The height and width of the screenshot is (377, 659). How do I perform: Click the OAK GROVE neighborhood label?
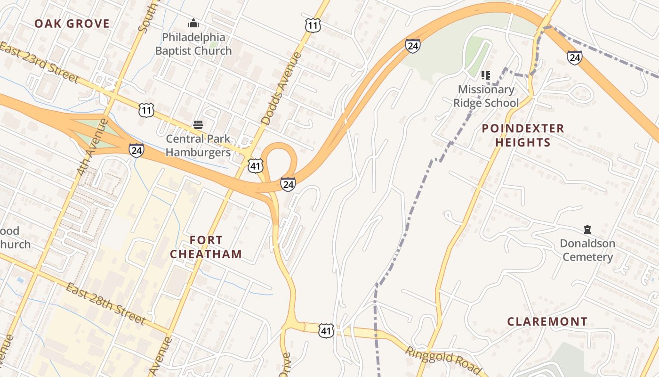click(x=72, y=24)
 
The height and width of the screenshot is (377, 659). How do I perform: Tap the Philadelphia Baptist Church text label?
click(x=193, y=44)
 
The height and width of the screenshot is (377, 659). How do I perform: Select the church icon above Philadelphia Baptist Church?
click(x=193, y=23)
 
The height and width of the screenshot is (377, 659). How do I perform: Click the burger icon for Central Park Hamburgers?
click(x=198, y=125)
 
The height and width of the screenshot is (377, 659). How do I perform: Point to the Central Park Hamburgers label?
click(x=198, y=146)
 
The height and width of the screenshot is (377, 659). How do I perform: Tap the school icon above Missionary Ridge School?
click(x=486, y=75)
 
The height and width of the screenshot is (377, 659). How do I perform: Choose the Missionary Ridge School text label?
click(x=486, y=96)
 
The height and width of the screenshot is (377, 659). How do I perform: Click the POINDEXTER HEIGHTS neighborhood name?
click(x=522, y=135)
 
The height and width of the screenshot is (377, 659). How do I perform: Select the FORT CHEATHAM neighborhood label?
click(x=206, y=247)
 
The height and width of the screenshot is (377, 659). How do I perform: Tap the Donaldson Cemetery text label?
click(x=587, y=250)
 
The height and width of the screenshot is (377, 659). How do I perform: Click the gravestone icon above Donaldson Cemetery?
click(x=587, y=229)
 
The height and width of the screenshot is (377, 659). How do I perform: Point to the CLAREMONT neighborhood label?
click(x=547, y=322)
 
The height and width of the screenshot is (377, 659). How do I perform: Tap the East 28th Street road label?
click(x=105, y=304)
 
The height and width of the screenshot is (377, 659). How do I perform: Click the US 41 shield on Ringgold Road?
click(x=326, y=330)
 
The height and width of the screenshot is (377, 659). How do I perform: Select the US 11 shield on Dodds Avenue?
click(x=313, y=25)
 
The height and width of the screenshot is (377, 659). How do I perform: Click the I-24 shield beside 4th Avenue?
click(x=137, y=150)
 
